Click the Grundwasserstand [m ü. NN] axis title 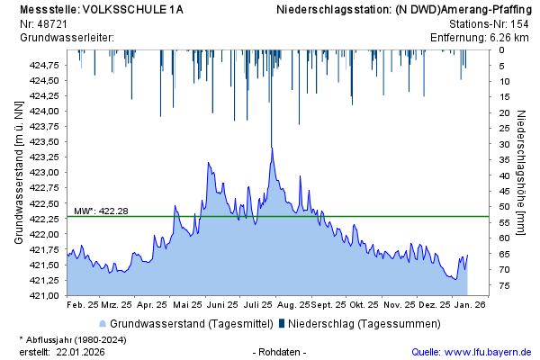pos(18,172)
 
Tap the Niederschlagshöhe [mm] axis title pos(523,172)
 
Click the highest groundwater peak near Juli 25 pos(272,148)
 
